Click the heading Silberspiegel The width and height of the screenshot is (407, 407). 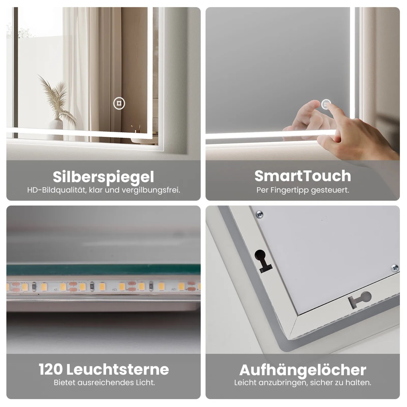[x=103, y=177]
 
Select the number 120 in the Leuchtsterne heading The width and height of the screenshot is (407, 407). [x=51, y=369]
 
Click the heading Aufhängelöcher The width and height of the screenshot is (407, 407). [x=303, y=370]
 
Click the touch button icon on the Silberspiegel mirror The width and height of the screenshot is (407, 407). [x=119, y=103]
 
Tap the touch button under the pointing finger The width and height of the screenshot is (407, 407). [x=326, y=104]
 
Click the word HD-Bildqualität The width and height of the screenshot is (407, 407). [x=56, y=190]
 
